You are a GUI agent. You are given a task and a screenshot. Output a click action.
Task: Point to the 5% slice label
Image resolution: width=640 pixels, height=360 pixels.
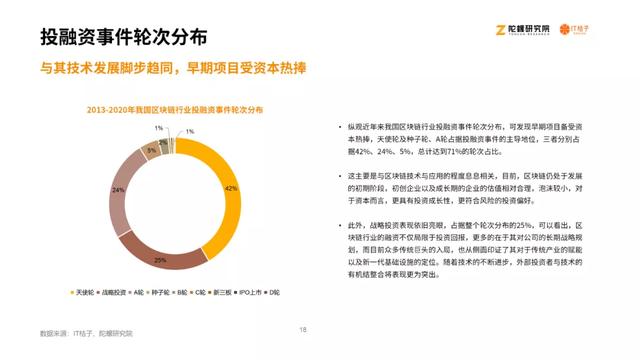tap(151, 150)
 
